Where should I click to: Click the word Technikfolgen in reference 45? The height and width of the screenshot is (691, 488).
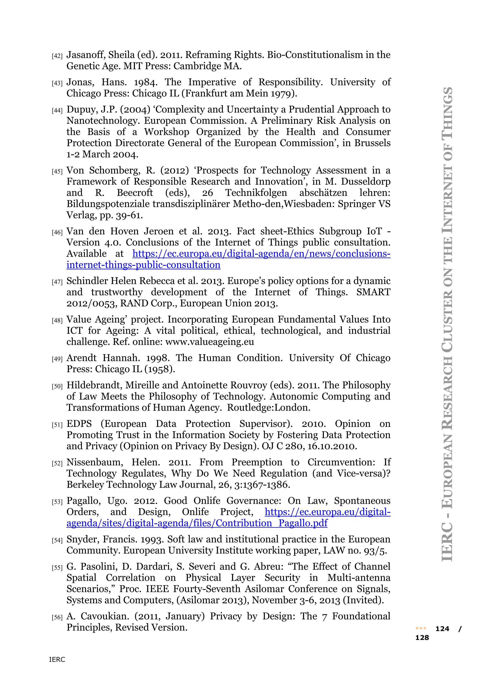[256, 193]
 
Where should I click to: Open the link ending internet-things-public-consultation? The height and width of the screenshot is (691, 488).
[143, 265]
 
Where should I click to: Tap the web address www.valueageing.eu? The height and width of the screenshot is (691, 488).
[209, 342]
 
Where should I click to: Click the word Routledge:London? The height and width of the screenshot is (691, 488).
[268, 408]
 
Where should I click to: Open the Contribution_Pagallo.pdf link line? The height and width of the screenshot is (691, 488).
[197, 523]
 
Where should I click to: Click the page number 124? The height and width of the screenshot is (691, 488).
[442, 629]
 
